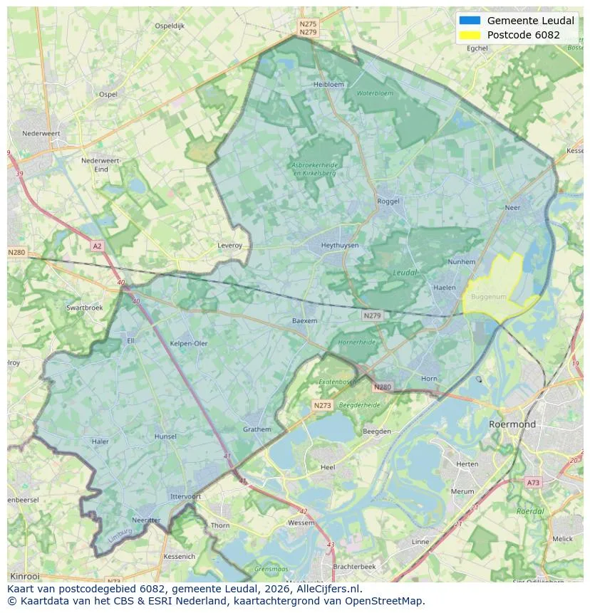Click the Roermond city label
[512, 424]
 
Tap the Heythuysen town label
[339, 246]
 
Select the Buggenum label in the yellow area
[488, 296]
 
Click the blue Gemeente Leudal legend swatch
[470, 21]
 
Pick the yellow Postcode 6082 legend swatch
[470, 35]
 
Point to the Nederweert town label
[41, 133]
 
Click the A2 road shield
[97, 246]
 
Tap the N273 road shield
[322, 405]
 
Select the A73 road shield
[532, 483]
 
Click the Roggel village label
[388, 201]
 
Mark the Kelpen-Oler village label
[189, 343]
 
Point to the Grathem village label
[257, 429]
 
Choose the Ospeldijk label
[170, 26]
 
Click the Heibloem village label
[328, 84]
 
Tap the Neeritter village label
[146, 520]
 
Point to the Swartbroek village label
[84, 308]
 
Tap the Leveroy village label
[229, 246]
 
